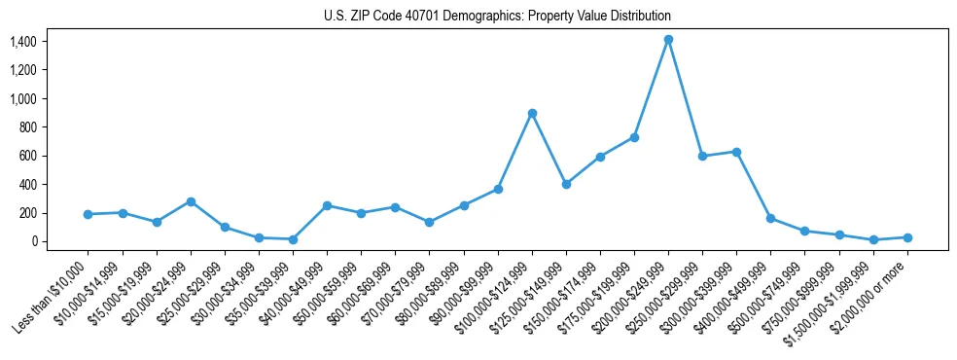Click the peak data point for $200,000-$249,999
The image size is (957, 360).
[x=668, y=40]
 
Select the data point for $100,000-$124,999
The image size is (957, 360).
[x=532, y=113]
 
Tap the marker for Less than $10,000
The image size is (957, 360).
[x=89, y=214]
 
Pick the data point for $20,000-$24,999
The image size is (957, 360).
[x=191, y=201]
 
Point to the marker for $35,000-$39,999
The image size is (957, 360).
[x=293, y=239]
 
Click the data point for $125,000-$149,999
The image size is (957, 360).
[x=566, y=184]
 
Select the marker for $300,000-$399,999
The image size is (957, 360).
[x=736, y=152]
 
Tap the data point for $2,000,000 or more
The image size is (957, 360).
[x=907, y=237]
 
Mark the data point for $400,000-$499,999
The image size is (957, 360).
[x=770, y=219]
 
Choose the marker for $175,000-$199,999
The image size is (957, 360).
[x=634, y=137]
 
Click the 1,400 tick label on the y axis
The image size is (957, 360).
[x=23, y=42]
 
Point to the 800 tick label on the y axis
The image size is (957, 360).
[x=27, y=127]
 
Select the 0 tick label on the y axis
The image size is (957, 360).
[x=33, y=241]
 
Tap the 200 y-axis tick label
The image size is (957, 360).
[x=27, y=213]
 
